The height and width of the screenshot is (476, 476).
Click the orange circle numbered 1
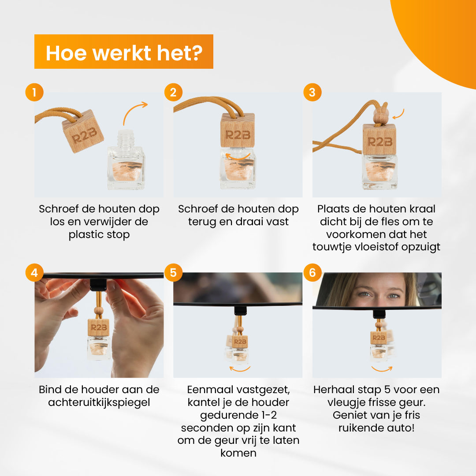pos(34,92)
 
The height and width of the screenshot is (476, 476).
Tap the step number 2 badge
pos(173,92)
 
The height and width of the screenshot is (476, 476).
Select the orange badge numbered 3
pos(312,92)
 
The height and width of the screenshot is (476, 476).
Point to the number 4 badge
pos(34,272)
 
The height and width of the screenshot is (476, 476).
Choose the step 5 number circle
pos(173,272)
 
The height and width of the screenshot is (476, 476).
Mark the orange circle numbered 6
pos(312,272)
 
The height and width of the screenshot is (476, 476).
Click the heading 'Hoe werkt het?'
pos(124,53)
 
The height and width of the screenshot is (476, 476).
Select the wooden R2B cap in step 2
pos(238,130)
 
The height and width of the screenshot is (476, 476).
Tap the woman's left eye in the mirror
pos(394,295)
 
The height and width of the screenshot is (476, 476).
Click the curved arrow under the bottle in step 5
pos(240,369)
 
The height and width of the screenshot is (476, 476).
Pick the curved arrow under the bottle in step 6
pos(382,369)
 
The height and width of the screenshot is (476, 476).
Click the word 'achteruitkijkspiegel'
pos(99,402)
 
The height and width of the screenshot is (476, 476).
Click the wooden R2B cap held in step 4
pos(98,327)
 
